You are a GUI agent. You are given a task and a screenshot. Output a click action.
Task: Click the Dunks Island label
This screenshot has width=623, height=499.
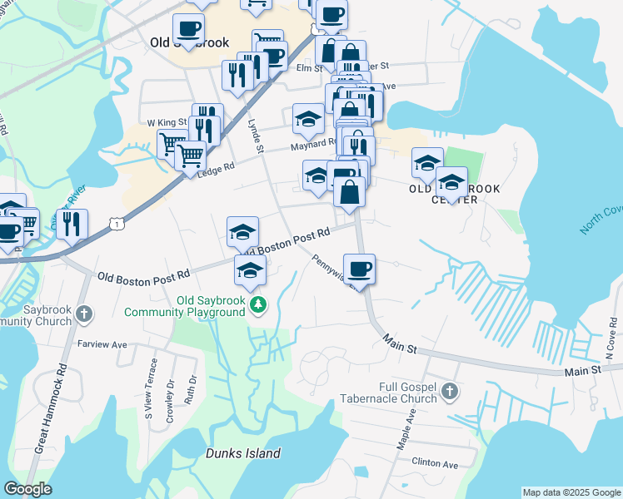click(x=243, y=453)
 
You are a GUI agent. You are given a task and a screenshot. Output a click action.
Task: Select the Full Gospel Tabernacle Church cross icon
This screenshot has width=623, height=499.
click(x=449, y=391)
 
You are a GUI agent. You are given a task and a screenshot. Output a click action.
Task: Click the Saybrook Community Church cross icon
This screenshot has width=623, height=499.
click(x=83, y=314)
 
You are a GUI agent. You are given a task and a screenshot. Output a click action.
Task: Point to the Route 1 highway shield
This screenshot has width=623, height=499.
click(x=118, y=224)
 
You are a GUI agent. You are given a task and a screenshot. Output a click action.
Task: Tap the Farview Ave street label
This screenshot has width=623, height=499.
click(x=101, y=343)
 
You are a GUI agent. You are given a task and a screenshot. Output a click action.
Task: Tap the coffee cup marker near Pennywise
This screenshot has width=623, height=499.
click(x=359, y=269)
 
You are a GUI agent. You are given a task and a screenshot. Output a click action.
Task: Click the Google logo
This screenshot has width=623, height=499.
click(x=27, y=489)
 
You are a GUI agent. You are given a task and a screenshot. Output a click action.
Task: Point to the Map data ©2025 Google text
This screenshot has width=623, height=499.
click(x=571, y=492)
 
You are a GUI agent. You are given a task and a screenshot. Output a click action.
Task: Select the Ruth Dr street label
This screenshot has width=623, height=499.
click(x=192, y=390)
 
